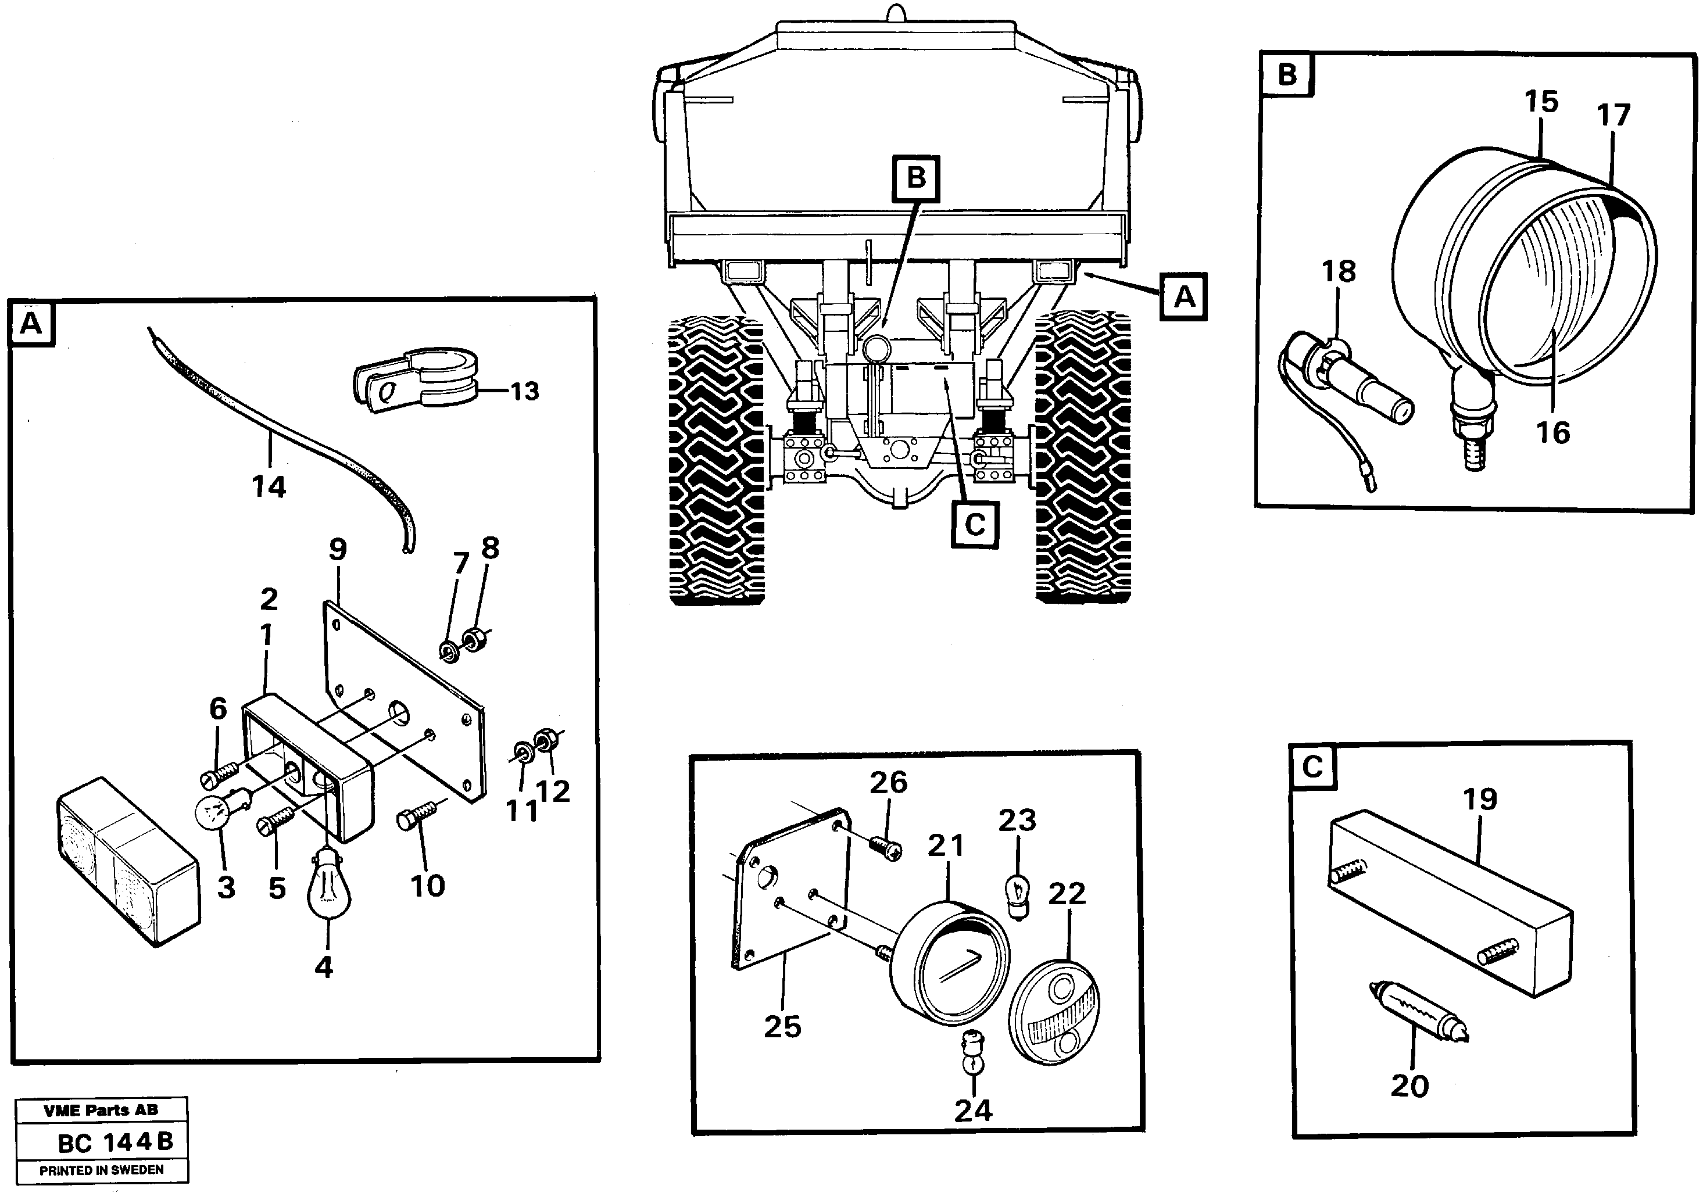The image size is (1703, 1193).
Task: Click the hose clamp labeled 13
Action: (x=416, y=382)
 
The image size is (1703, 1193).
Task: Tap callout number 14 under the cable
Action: (x=269, y=487)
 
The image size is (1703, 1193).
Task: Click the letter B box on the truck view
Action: (x=917, y=179)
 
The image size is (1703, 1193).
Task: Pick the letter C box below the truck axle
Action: (x=975, y=525)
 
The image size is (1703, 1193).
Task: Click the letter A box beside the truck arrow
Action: (x=1185, y=298)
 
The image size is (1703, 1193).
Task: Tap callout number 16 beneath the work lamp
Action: (x=1552, y=432)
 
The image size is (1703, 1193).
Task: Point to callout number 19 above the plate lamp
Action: (x=1480, y=799)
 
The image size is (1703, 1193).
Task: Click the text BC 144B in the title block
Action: (x=115, y=1142)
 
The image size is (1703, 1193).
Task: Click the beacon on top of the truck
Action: (x=897, y=14)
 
